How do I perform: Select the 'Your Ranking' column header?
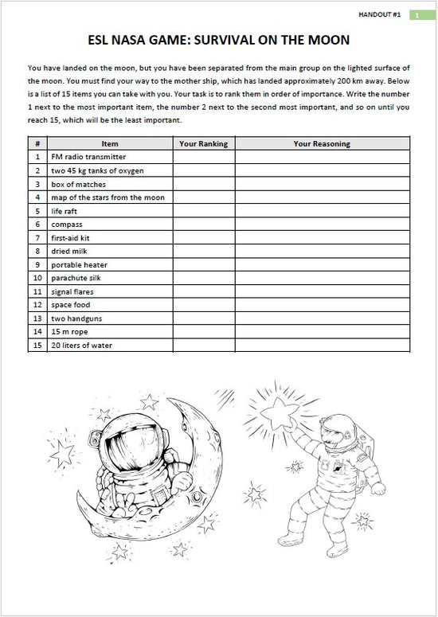(x=203, y=144)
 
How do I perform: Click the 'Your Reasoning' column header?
(x=322, y=144)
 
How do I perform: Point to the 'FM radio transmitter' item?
(x=88, y=158)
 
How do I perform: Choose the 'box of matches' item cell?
(x=78, y=185)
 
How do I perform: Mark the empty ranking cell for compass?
(x=203, y=225)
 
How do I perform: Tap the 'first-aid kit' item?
(x=70, y=238)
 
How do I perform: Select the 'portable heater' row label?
(x=79, y=265)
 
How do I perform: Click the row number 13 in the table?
(x=37, y=318)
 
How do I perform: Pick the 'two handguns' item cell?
(x=76, y=318)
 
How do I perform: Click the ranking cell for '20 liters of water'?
(x=203, y=346)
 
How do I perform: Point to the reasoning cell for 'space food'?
(x=322, y=305)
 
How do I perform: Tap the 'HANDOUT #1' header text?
(x=381, y=14)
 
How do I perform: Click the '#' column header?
(x=37, y=144)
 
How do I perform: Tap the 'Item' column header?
(x=110, y=144)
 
